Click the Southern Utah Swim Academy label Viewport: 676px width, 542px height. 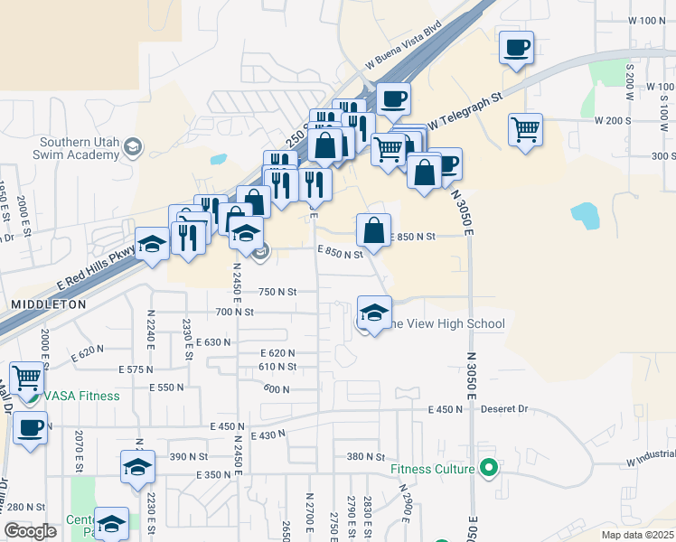click(x=79, y=148)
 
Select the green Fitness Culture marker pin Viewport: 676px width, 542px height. click(x=489, y=468)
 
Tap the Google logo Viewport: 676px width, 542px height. click(x=30, y=531)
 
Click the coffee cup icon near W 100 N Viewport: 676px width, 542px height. click(x=516, y=48)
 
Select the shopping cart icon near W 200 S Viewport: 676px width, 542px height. click(x=524, y=129)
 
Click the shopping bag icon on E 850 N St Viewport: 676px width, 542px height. click(x=373, y=230)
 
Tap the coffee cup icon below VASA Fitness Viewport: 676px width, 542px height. click(x=30, y=427)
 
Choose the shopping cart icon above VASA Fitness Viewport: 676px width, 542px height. click(x=27, y=377)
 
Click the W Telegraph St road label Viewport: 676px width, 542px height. click(x=465, y=110)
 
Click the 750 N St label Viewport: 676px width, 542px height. click(x=277, y=292)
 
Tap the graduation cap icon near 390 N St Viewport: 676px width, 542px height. click(x=137, y=466)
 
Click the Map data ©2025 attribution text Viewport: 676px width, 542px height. click(x=638, y=535)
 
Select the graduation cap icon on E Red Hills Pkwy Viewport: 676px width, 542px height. click(x=152, y=243)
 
